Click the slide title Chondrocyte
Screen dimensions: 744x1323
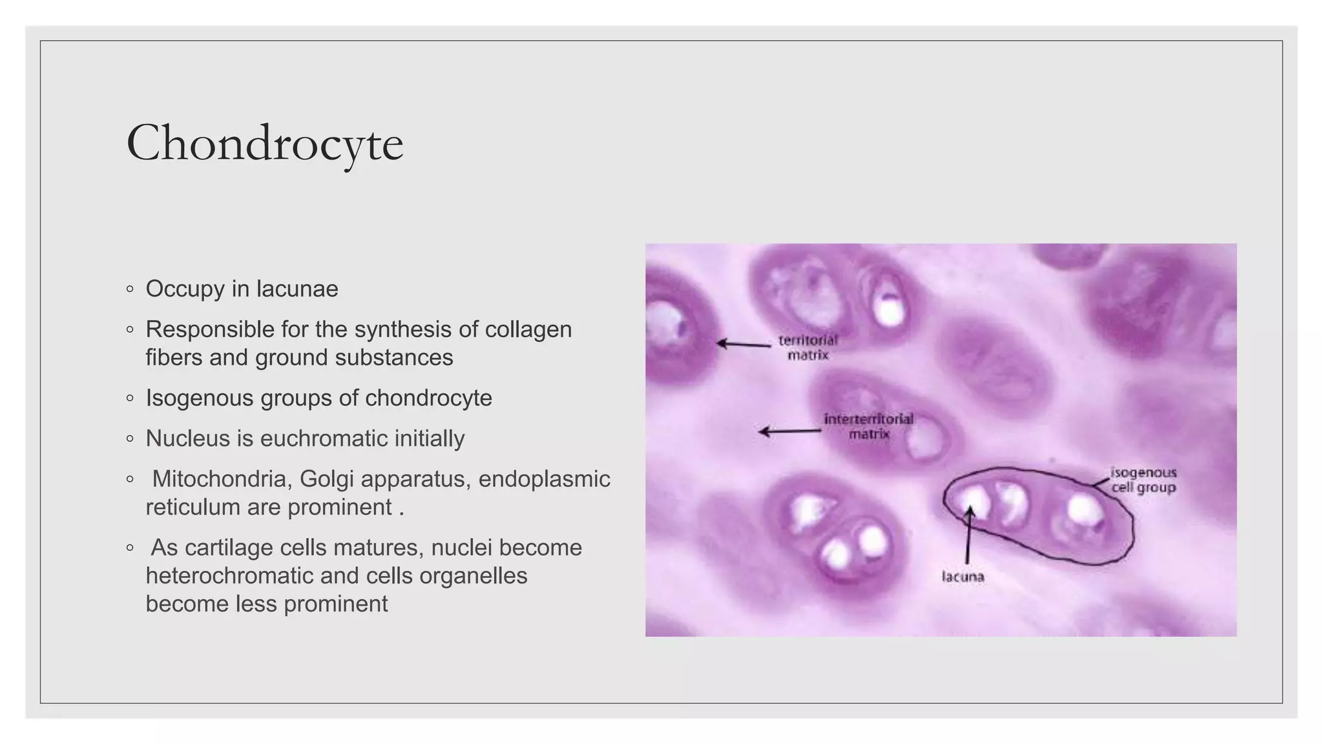[x=265, y=143]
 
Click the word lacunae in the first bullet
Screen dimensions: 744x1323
[x=297, y=289]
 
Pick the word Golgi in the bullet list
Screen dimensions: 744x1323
[x=326, y=479]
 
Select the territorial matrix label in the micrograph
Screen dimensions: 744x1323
[x=807, y=347]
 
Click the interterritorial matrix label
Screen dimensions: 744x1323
[x=869, y=426]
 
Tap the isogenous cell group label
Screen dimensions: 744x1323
[x=1143, y=480]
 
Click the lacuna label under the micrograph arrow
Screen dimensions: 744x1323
[x=963, y=577]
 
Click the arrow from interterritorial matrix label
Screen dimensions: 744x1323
[x=789, y=431]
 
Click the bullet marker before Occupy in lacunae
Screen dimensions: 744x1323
[x=130, y=289]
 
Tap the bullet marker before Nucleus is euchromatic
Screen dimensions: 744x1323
[x=130, y=439]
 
